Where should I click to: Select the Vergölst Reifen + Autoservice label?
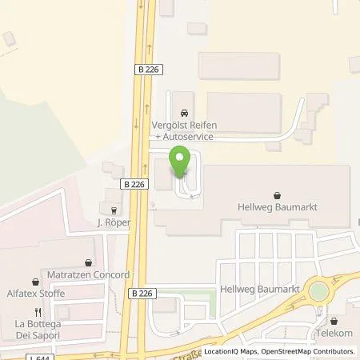coord(185,132)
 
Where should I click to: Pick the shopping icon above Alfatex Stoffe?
coord(35,281)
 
